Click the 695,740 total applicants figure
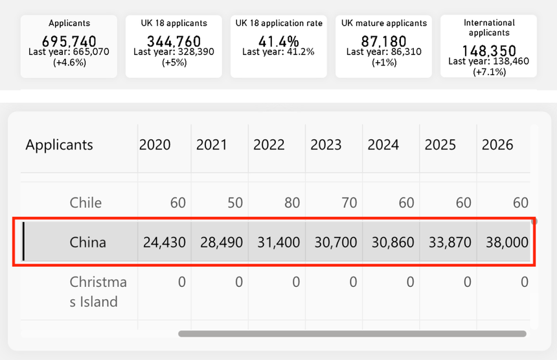coord(69,41)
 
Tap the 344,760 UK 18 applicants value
coord(174,41)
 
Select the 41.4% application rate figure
coord(278,41)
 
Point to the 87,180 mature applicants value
coord(383,41)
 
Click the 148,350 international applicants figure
coord(489,51)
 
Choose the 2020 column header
coord(155,145)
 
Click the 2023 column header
coord(326,145)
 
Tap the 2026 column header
coord(497,145)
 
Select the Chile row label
coord(85,203)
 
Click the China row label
coord(87,243)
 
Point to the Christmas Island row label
coord(98,292)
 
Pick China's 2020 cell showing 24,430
coord(165,243)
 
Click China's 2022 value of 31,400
coord(278,243)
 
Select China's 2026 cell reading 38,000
coord(507,243)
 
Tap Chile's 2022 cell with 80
coord(292,203)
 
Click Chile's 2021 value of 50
coord(235,203)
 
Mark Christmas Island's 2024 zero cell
coord(410,282)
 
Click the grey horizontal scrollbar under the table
coord(352,333)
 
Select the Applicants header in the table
coord(60,145)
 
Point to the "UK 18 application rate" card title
coord(279,23)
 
